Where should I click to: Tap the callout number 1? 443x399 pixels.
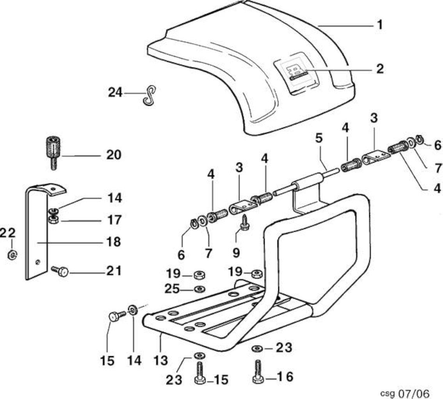point(380,25)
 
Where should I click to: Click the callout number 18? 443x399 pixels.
point(113,242)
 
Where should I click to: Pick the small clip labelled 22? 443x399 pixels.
point(12,254)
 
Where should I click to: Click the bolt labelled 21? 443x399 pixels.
point(60,271)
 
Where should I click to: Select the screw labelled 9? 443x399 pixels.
point(244,223)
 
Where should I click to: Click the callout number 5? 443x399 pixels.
point(319,138)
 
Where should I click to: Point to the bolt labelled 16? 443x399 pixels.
point(258,371)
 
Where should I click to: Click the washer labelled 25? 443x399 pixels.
point(200,289)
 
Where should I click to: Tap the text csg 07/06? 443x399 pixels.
point(405,393)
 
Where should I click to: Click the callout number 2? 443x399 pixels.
point(380,69)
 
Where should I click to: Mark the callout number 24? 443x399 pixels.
point(115,92)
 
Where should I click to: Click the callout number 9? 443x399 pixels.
point(236,252)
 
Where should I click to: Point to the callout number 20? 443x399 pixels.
point(114,155)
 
